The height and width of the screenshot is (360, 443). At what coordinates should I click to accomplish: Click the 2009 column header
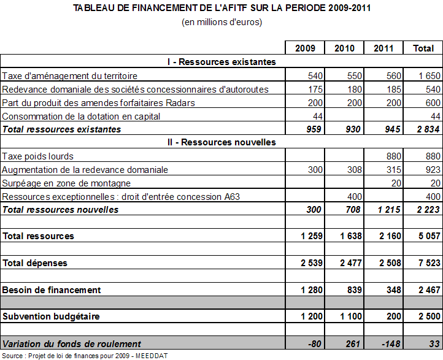[305, 48]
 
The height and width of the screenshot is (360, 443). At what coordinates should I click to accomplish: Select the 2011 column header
[383, 48]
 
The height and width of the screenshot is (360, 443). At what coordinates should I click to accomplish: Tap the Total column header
[423, 48]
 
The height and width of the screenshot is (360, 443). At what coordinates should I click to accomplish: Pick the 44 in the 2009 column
[317, 116]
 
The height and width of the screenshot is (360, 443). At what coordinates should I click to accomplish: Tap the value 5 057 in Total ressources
[422, 236]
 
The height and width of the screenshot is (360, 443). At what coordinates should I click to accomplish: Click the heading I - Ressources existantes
[221, 62]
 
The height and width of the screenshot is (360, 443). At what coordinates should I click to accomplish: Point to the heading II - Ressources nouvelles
[221, 142]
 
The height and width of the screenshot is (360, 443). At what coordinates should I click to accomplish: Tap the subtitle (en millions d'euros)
[221, 23]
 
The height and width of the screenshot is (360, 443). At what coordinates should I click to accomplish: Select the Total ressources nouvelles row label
[61, 210]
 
